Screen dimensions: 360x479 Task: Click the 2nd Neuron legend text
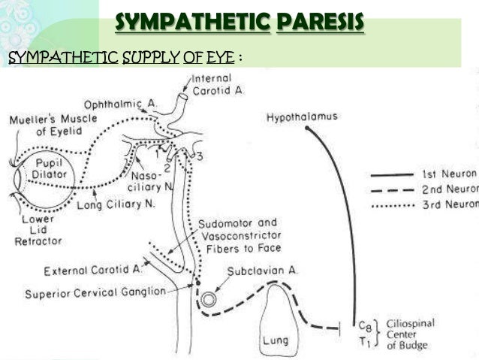[x=450, y=189]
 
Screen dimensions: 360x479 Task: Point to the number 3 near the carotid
[x=198, y=156]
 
